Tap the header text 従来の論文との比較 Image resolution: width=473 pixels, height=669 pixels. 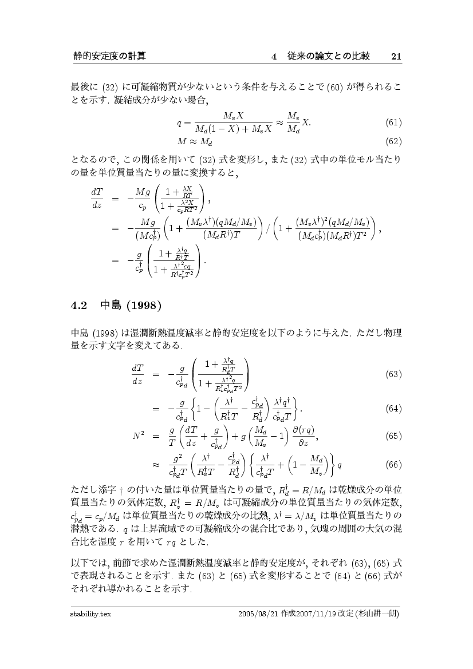coord(328,56)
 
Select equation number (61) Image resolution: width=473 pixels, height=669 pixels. coord(393,122)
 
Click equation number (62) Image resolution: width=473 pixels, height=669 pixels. coord(393,140)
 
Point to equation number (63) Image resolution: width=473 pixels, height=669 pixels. coord(393,374)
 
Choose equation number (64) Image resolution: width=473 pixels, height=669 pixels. coord(393,409)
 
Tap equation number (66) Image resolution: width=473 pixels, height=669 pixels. coord(393,464)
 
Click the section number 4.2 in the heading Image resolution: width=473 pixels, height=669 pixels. coord(78,304)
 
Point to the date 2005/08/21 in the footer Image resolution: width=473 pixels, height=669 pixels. coord(262,613)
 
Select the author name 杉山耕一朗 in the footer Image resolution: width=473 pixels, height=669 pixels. coord(377,613)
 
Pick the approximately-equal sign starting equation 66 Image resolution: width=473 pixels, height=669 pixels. coord(156,464)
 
